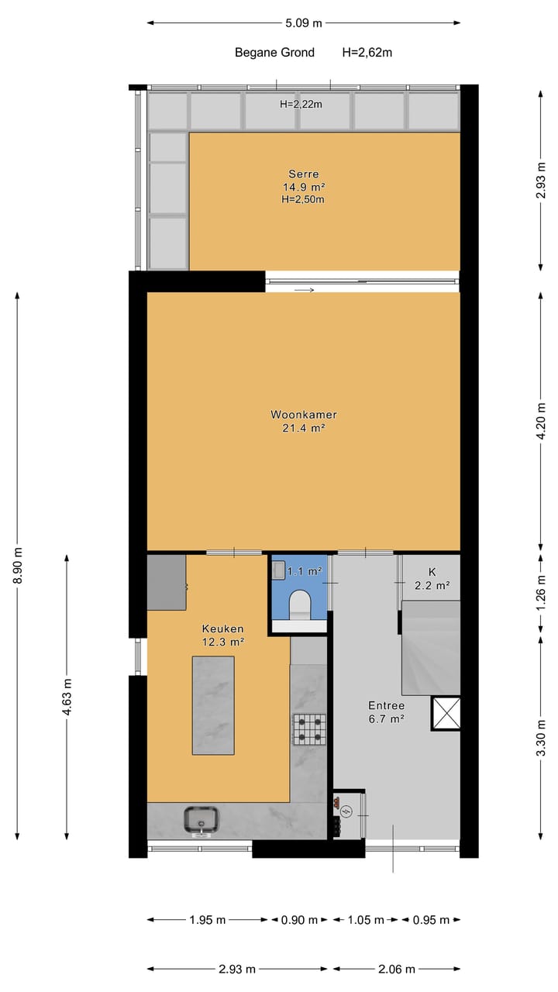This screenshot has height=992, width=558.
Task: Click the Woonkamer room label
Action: [304, 415]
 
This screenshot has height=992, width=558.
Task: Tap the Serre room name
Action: [304, 174]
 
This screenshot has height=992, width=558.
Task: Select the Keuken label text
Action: [223, 629]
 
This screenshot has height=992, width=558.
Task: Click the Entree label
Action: [386, 706]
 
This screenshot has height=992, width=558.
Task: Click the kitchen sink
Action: [202, 820]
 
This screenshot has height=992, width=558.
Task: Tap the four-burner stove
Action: [309, 728]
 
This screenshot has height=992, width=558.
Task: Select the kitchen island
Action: [213, 704]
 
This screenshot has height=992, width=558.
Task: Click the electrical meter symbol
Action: [346, 811]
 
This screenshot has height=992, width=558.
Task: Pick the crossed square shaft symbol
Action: [446, 713]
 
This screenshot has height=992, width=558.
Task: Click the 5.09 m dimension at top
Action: [304, 23]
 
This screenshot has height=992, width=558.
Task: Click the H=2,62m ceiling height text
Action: [367, 53]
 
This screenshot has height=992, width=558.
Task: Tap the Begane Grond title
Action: [275, 53]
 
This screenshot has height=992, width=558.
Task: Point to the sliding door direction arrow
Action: [305, 291]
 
